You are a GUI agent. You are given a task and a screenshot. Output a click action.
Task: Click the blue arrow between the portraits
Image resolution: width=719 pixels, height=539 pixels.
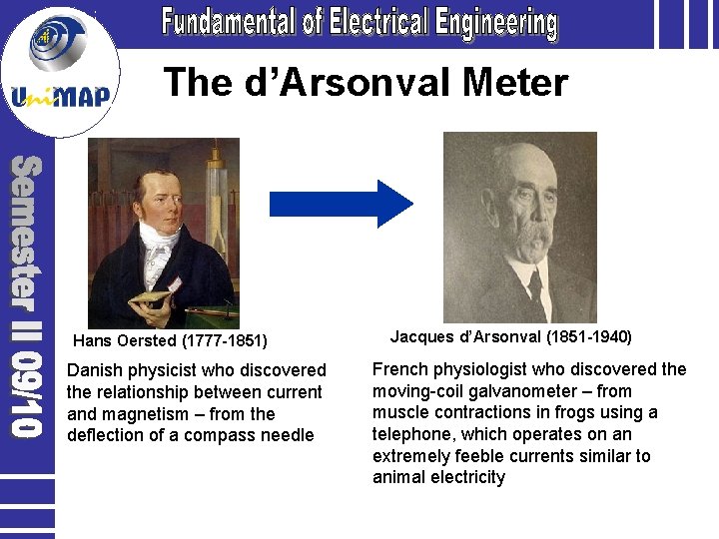point(341,204)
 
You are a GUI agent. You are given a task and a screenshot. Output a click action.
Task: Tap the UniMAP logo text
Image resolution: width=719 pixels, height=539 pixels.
point(62,97)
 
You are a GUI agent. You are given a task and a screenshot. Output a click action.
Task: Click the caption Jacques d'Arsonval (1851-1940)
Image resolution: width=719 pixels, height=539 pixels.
point(510,336)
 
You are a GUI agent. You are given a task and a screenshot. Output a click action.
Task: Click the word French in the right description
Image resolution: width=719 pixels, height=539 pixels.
point(400,369)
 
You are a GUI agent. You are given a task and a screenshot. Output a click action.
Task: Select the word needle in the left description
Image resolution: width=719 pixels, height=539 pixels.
point(287,435)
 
